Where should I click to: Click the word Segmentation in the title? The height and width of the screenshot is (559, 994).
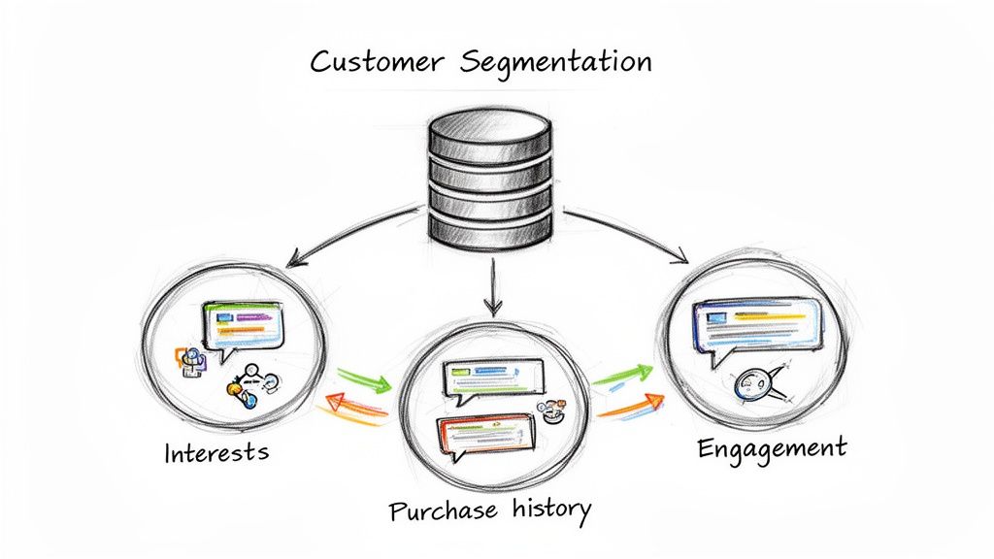tap(555, 61)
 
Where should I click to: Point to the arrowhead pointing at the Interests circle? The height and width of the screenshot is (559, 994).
tap(293, 261)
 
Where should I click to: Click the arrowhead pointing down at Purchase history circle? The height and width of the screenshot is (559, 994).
tap(492, 308)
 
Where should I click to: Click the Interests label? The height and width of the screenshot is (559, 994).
tap(216, 452)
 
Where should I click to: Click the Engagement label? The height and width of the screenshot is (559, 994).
tap(772, 448)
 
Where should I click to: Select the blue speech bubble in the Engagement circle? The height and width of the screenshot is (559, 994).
tap(753, 324)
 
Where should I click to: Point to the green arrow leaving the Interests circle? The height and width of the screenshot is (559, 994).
tap(363, 378)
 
